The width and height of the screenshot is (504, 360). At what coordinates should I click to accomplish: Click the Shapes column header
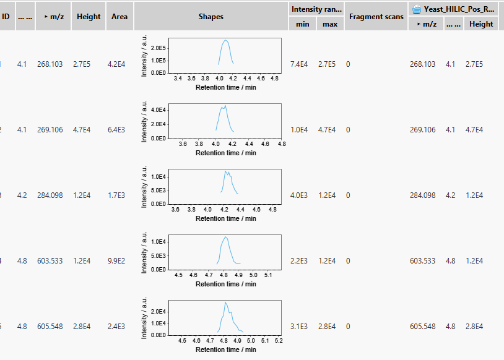211,17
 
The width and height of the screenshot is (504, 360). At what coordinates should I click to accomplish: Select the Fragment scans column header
376,17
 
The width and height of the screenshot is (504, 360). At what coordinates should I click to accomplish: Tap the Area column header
119,17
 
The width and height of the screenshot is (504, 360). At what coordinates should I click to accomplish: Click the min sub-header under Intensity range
302,24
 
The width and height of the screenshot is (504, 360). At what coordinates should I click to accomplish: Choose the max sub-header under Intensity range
329,24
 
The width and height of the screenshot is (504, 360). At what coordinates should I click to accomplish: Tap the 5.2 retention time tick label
278,341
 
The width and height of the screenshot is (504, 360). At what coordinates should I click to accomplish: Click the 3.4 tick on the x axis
178,79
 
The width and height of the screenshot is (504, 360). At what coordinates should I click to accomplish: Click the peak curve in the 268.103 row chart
226,41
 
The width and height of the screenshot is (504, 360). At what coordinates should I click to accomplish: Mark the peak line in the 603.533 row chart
225,238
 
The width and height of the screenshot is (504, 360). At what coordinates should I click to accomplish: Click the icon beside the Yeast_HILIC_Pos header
418,9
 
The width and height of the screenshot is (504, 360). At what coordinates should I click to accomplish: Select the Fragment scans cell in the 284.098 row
349,195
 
